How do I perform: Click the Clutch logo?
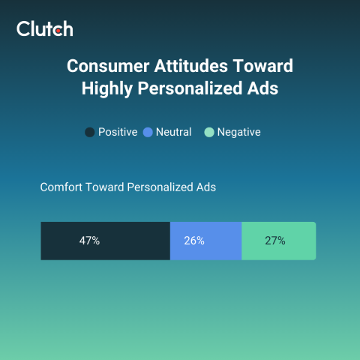click(x=45, y=29)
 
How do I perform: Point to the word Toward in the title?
click(x=261, y=65)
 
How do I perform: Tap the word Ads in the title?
click(x=263, y=88)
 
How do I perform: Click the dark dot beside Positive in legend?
click(x=90, y=132)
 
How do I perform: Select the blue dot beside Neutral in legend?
click(x=148, y=132)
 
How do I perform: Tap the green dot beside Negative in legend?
click(x=209, y=132)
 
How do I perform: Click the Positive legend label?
click(x=118, y=132)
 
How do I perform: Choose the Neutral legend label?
click(x=174, y=132)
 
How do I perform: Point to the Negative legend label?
click(x=238, y=132)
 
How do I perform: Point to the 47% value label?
click(x=89, y=241)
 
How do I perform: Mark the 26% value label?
click(x=194, y=241)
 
